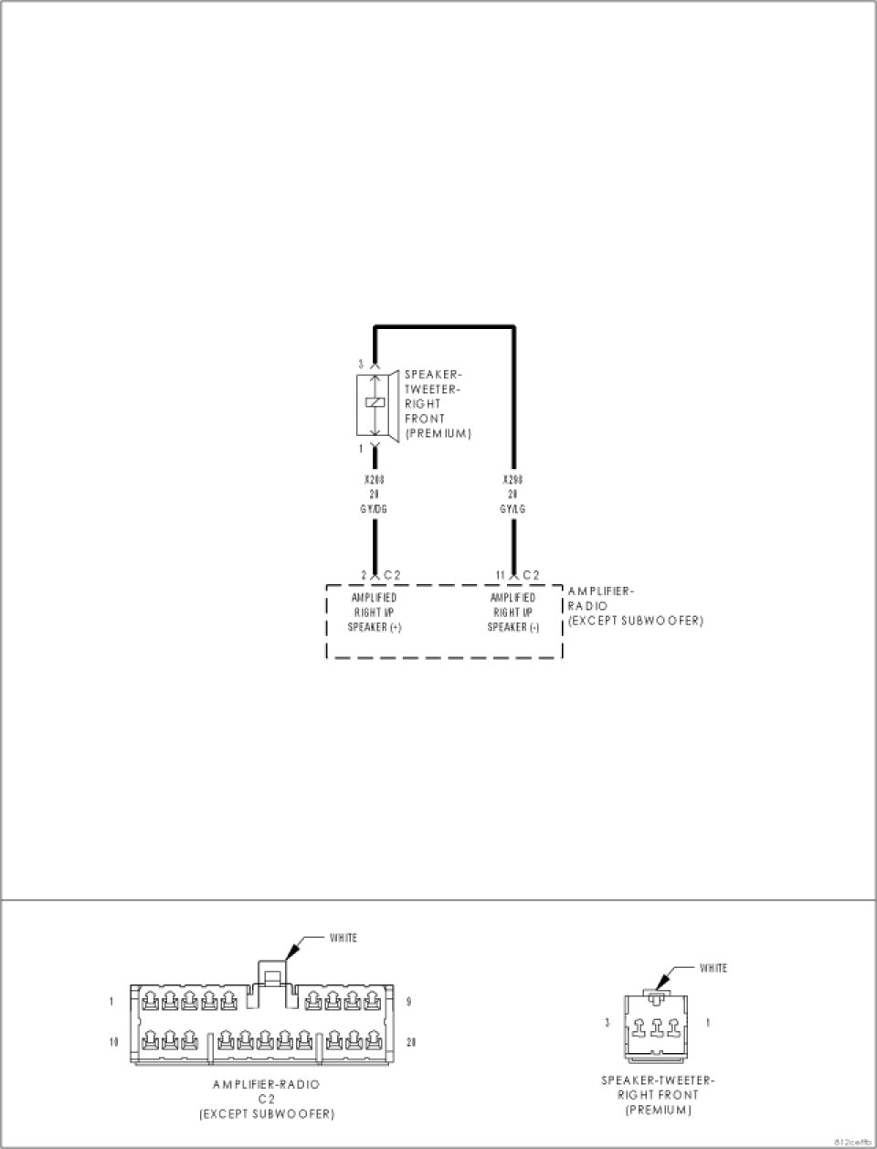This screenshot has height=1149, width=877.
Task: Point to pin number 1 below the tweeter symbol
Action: point(362,449)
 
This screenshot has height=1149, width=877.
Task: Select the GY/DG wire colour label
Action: point(373,509)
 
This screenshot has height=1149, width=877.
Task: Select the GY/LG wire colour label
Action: point(513,509)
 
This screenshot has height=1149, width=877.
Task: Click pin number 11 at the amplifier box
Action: point(500,575)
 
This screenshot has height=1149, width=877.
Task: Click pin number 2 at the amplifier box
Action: point(364,575)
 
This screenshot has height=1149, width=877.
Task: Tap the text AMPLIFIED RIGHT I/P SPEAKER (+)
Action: point(374,612)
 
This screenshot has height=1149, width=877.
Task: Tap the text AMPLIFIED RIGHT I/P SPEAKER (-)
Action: point(512,612)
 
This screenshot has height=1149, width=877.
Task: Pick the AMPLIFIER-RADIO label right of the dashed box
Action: point(601,599)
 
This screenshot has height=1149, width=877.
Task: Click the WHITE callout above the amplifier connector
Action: point(343,938)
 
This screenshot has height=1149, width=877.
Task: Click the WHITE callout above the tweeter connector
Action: point(713,968)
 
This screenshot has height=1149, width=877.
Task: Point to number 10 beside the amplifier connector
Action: point(114,1042)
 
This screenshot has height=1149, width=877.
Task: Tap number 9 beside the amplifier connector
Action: point(408,1002)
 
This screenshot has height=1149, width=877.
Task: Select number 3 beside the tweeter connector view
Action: point(607,1022)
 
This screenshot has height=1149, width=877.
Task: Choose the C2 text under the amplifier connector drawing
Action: point(267,1100)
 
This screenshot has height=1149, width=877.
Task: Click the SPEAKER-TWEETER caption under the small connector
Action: point(658,1080)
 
